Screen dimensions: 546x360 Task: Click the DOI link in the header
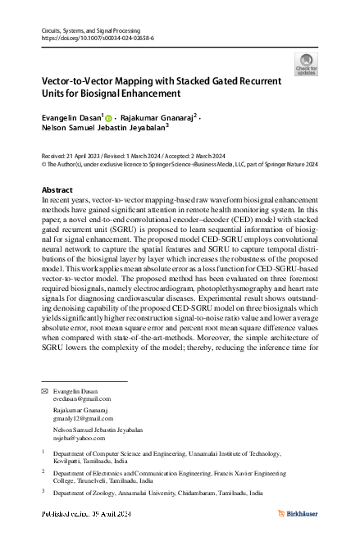[x=90, y=38]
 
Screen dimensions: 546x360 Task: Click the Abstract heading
[x=57, y=190]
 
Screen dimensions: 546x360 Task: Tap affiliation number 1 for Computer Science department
[x=43, y=451]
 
